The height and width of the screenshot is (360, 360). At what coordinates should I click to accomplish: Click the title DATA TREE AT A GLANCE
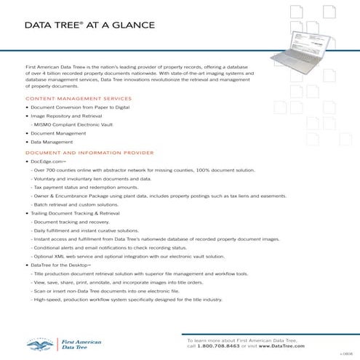[x=89, y=25]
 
